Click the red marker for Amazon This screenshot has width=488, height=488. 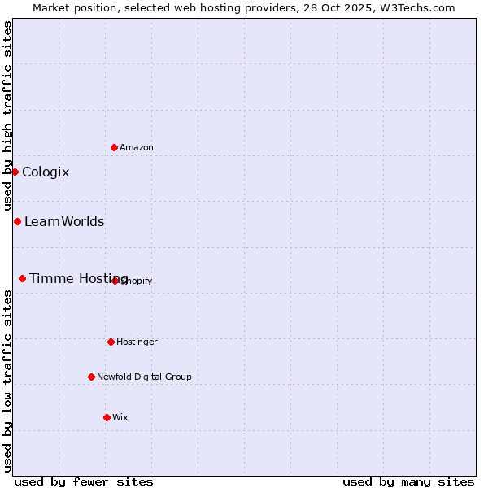coord(115,147)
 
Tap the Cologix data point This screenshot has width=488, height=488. coord(15,172)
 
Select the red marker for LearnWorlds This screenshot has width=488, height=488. coord(17,221)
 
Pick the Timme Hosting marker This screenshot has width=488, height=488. coord(22,278)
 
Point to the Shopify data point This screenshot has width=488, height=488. coord(115,281)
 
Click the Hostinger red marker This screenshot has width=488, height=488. coord(111,342)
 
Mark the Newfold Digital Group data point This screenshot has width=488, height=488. coord(91,377)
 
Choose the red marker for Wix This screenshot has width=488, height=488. coord(107,417)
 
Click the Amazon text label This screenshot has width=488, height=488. coord(137,147)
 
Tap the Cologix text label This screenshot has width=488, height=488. coord(46,172)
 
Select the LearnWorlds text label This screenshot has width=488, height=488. coord(64,221)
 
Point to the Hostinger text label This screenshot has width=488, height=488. coord(137,342)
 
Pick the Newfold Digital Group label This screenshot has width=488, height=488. coord(144,377)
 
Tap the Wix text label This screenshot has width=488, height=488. coord(120,417)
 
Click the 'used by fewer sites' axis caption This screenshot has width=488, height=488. coord(84,481)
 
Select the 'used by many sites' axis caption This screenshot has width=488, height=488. coord(408,481)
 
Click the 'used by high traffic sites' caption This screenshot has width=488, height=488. coord(7,115)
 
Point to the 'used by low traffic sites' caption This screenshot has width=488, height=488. coord(7,381)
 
